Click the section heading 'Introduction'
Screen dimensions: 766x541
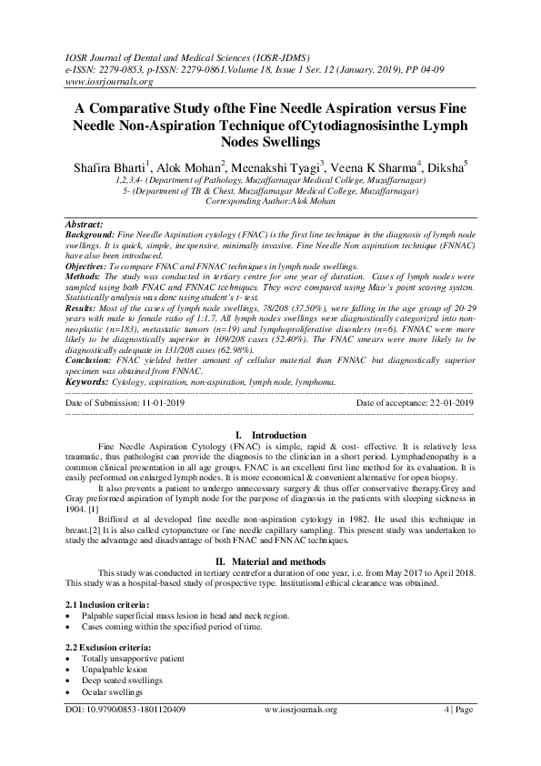pyautogui.click(x=277, y=436)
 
